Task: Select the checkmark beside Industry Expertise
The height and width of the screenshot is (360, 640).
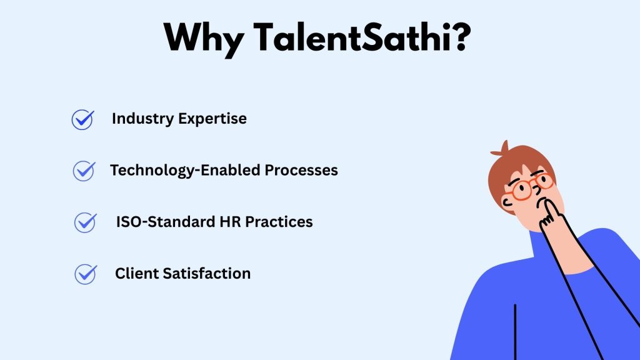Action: pos(82,119)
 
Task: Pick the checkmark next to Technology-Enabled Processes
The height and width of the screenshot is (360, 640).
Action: pos(84,171)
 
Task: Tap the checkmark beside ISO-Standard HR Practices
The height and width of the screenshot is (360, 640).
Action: pos(85,222)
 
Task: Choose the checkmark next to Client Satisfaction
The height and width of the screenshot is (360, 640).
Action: pos(86,274)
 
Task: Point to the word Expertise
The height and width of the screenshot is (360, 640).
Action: pos(212,119)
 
